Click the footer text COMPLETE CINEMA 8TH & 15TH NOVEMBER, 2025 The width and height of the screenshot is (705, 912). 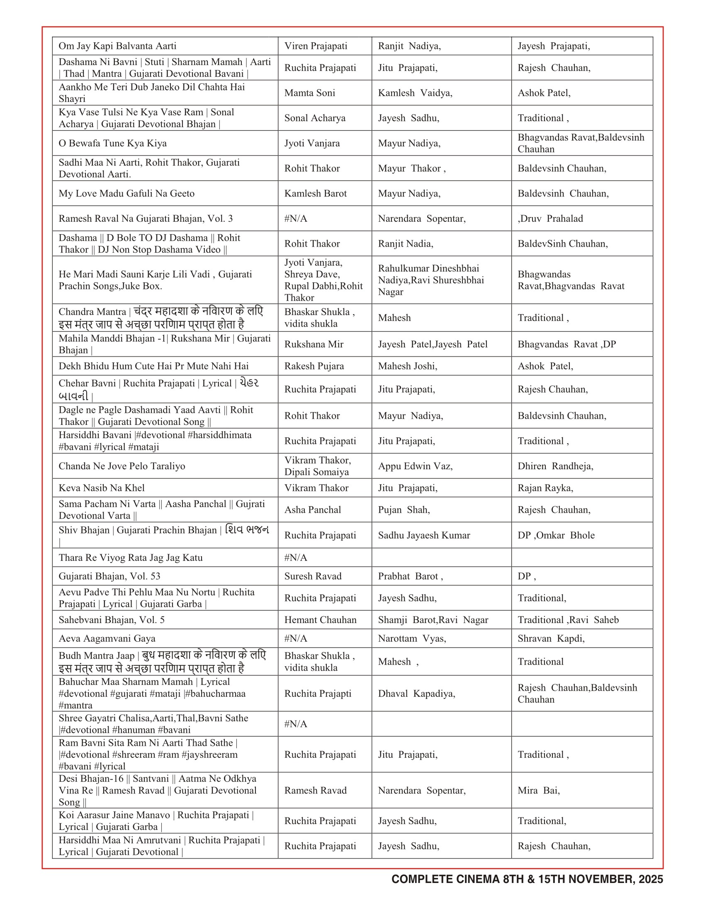point(527,879)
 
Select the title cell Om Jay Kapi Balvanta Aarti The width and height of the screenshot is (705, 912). point(117,46)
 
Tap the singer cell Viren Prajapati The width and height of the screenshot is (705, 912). point(316,46)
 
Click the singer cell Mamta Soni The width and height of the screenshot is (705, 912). point(309,93)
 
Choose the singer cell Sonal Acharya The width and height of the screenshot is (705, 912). point(315,118)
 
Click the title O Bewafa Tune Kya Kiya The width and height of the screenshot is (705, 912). point(112,143)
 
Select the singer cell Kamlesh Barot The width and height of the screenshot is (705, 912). point(315,193)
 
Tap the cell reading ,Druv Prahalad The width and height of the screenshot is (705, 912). point(550,218)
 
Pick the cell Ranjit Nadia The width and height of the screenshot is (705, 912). point(406,243)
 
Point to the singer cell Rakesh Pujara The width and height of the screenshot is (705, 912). point(314,366)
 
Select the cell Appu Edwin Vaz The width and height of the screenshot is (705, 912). point(415,466)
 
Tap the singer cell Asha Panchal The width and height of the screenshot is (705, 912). point(312,509)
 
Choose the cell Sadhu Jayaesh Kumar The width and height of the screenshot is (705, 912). point(424,535)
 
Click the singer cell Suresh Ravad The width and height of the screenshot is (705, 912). point(313,576)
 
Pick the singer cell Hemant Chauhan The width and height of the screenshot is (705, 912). point(320,620)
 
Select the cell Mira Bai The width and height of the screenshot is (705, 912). point(538,790)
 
